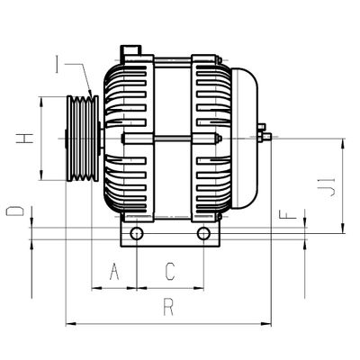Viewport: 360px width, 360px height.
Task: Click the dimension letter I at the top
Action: [57, 64]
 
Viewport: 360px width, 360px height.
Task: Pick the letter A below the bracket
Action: [113, 271]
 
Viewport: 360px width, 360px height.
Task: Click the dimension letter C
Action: [169, 271]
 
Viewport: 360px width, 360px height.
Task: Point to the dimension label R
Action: [168, 307]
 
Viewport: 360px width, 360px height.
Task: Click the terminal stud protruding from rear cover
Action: [265, 136]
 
